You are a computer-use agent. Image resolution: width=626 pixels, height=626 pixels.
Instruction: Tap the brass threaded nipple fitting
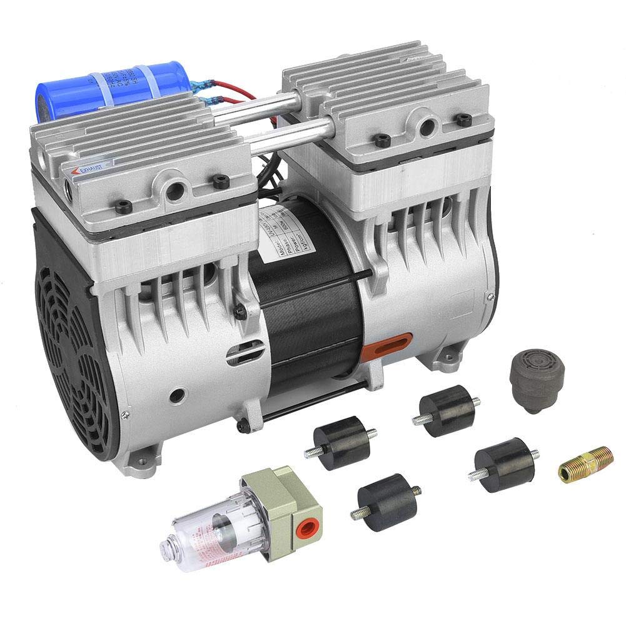click(x=585, y=463)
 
